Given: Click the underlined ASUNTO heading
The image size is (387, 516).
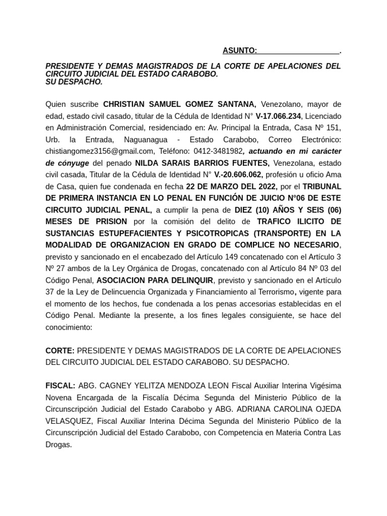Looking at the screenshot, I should click(240, 50).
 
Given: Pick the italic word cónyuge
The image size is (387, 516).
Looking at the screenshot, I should click(72, 163).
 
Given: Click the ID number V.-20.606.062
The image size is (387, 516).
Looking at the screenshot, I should click(238, 175).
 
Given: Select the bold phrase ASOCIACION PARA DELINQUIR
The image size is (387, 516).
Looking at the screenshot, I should click(155, 280).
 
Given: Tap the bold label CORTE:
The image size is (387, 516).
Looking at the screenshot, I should click(60, 350).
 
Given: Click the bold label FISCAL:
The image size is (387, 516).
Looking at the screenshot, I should click(60, 385).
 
